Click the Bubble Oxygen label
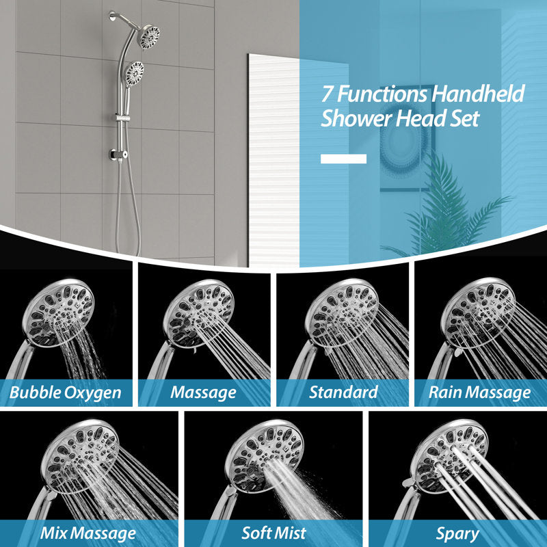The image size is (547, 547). (65, 392)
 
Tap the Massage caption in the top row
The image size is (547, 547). (203, 392)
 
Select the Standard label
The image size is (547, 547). (343, 392)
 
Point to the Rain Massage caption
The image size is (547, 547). (480, 392)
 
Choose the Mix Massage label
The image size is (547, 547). (88, 534)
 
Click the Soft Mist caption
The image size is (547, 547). (274, 533)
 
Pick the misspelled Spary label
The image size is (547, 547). (457, 535)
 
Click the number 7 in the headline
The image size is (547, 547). (327, 94)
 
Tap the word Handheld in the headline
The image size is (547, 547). (478, 93)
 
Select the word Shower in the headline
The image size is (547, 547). (356, 118)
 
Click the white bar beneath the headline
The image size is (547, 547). (344, 159)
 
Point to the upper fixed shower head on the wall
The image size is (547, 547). (149, 37)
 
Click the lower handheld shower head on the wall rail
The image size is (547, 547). (134, 74)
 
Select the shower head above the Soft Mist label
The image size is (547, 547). (263, 455)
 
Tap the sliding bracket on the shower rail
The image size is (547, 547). (122, 118)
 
